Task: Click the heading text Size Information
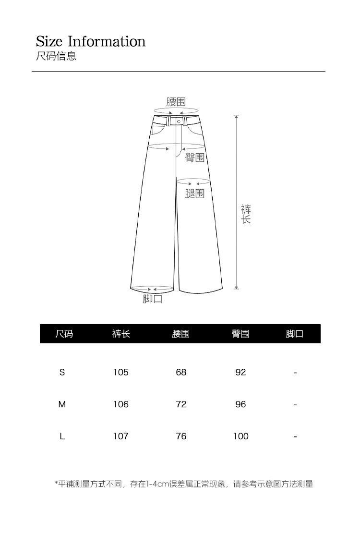click(x=91, y=41)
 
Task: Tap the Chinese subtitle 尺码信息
click(x=56, y=56)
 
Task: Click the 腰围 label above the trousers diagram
click(x=176, y=102)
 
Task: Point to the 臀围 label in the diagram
click(x=195, y=157)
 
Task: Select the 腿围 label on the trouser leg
click(x=195, y=193)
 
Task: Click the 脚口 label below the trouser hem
click(x=153, y=299)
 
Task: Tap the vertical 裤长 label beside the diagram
click(x=246, y=214)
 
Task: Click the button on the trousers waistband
click(x=179, y=121)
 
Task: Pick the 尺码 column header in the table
click(x=64, y=334)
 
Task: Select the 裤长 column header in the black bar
click(x=121, y=334)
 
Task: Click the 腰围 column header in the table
click(x=181, y=334)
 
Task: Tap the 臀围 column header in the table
click(x=240, y=334)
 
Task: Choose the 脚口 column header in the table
click(x=295, y=334)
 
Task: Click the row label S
click(x=62, y=372)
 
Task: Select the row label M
click(x=62, y=404)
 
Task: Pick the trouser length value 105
click(x=121, y=372)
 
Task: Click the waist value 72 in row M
click(x=181, y=404)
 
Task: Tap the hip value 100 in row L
click(x=241, y=436)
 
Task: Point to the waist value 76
click(x=181, y=436)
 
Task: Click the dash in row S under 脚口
click(x=295, y=373)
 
